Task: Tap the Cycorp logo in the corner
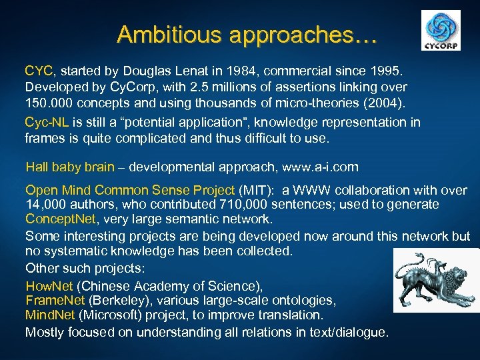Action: (x=441, y=31)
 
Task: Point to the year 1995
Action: (x=376, y=70)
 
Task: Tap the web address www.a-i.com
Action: (x=320, y=167)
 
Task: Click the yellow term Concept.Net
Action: (x=60, y=219)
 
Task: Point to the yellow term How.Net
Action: (x=49, y=287)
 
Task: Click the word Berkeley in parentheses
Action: (x=124, y=301)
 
